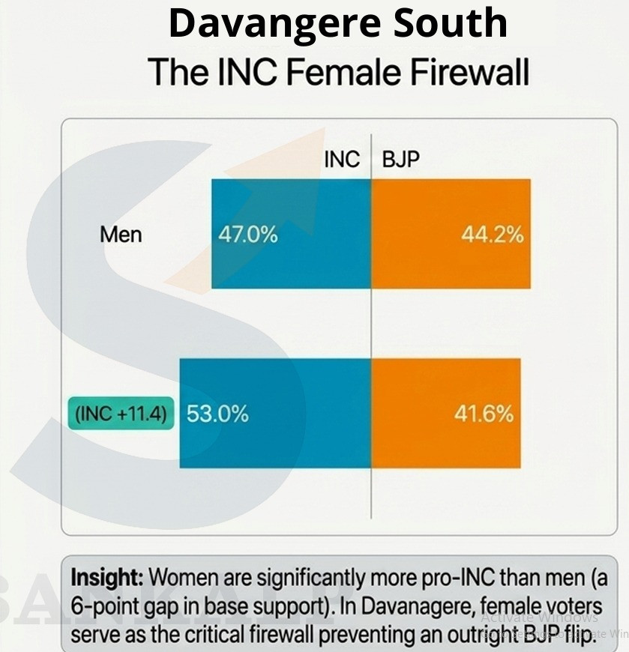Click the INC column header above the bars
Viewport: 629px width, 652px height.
(x=342, y=160)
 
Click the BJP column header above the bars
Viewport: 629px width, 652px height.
(x=401, y=160)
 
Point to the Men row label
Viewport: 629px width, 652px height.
(x=121, y=235)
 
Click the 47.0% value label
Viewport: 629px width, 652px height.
(x=247, y=235)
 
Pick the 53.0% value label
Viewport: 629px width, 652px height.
(x=217, y=414)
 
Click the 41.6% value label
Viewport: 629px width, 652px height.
(x=484, y=414)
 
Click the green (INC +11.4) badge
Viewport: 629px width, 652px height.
(x=121, y=414)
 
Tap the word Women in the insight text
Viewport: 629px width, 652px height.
(x=180, y=579)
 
